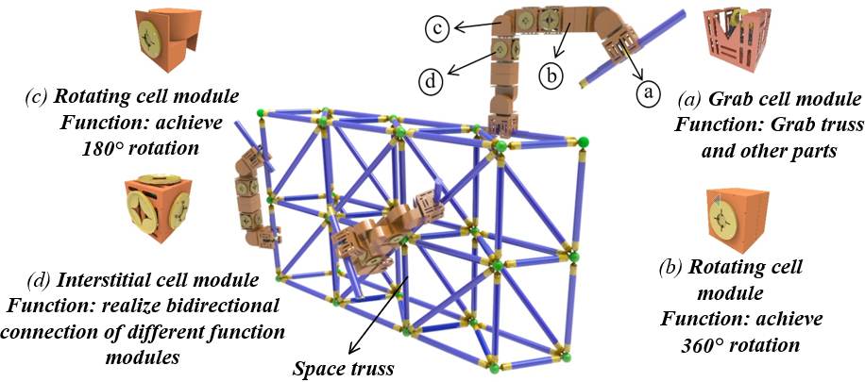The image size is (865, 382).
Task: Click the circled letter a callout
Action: click(647, 92)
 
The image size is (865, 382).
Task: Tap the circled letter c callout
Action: click(437, 29)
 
